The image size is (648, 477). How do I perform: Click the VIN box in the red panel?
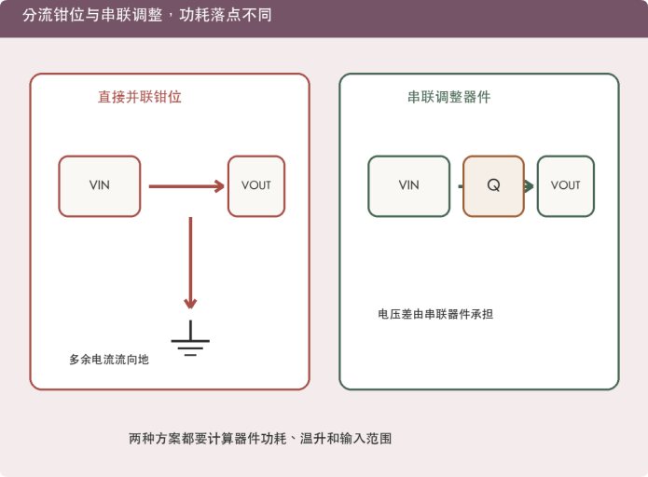(x=100, y=186)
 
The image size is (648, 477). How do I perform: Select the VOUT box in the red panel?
(x=256, y=186)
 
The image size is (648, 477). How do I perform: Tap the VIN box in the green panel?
(x=409, y=186)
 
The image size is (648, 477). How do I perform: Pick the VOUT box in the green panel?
(x=566, y=186)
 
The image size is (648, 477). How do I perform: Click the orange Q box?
(x=493, y=186)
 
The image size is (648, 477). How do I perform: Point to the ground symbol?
(x=190, y=338)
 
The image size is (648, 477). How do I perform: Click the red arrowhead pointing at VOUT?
(x=219, y=186)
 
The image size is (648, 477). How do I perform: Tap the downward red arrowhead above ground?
(x=190, y=303)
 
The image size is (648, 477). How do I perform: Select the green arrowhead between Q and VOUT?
(x=529, y=186)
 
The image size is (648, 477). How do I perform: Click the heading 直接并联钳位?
(x=140, y=97)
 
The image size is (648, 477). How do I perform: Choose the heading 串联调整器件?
(x=449, y=97)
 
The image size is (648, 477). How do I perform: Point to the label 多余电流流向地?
(x=109, y=360)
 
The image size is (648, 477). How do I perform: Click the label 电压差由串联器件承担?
(x=435, y=314)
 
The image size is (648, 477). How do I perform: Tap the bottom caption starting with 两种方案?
(x=260, y=438)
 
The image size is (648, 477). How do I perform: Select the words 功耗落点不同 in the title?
(x=226, y=15)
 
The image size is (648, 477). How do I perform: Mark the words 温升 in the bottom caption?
(x=312, y=438)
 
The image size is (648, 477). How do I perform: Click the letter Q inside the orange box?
(x=493, y=185)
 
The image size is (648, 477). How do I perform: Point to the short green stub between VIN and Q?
(x=461, y=186)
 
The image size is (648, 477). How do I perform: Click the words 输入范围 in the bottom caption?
(x=365, y=438)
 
